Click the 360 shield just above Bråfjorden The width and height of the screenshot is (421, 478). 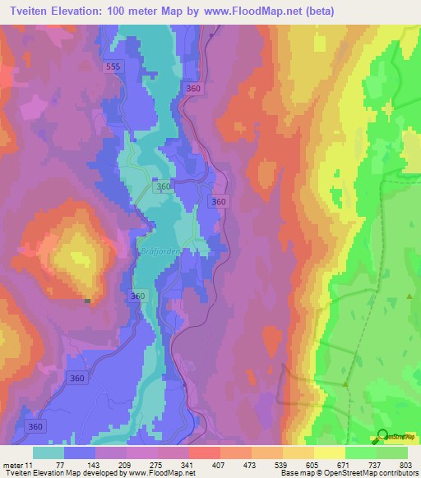click(x=164, y=187)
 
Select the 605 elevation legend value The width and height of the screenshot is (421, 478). click(x=313, y=464)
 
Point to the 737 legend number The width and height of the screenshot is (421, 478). click(x=375, y=464)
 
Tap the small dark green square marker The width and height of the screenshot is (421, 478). click(x=87, y=301)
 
